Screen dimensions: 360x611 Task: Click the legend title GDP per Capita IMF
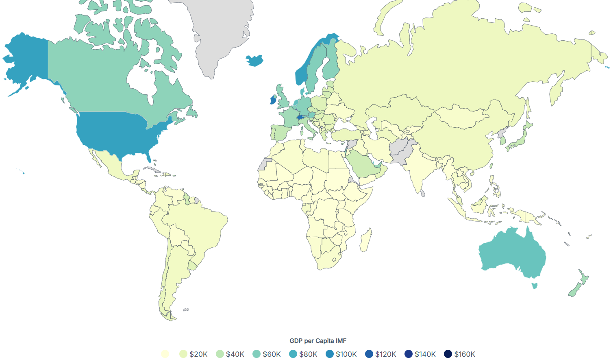click(317, 341)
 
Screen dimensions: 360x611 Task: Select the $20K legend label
click(198, 354)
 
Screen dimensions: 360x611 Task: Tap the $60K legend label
click(272, 354)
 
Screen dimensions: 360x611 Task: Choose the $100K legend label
click(346, 354)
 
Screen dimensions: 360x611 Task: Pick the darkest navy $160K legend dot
click(448, 354)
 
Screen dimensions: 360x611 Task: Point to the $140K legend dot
click(409, 354)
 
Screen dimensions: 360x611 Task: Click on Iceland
click(255, 61)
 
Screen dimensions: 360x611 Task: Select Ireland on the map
click(273, 100)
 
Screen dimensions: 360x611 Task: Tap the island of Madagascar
click(365, 240)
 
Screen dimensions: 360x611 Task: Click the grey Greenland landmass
click(222, 33)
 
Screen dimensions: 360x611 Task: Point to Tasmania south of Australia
click(535, 286)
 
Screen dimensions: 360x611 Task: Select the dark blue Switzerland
click(300, 117)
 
